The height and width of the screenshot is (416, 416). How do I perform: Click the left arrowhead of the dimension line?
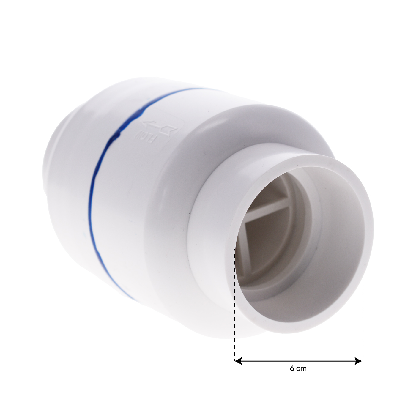(x=238, y=361)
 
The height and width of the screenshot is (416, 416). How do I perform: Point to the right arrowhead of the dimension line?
(x=358, y=361)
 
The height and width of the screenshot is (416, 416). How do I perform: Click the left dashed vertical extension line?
(x=234, y=304)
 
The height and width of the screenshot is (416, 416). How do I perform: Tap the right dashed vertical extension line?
(x=363, y=304)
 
